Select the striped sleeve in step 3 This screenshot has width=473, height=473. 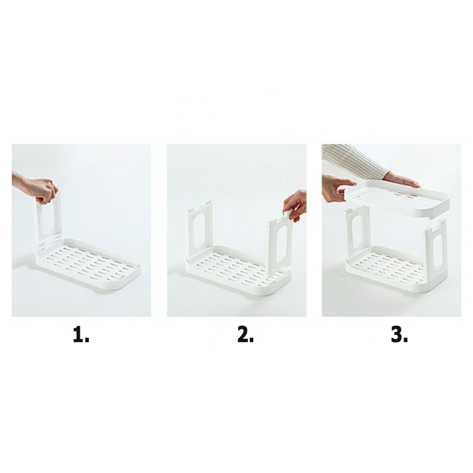[x=357, y=160]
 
